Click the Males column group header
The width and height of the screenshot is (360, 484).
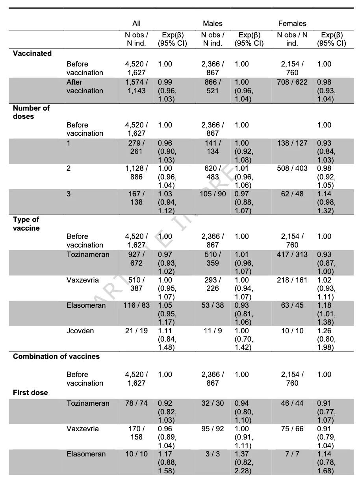[x=213, y=24]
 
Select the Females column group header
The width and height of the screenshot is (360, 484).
[x=292, y=24]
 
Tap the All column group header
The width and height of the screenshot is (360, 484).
[x=136, y=24]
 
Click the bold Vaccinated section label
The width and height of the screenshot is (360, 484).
[x=32, y=54]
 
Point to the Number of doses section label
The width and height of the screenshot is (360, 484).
[x=32, y=112]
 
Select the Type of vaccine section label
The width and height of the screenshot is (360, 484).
[x=26, y=224]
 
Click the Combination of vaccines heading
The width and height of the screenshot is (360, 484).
[x=56, y=357]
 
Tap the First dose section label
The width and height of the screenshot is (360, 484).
[x=30, y=393]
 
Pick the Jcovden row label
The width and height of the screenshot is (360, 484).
[x=80, y=331]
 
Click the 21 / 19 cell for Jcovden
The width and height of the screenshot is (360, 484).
[x=136, y=331]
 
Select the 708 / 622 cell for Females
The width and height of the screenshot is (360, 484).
[x=292, y=82]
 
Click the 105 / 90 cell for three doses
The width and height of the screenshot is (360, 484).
[x=213, y=194]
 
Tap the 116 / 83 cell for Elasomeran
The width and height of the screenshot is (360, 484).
[x=136, y=305]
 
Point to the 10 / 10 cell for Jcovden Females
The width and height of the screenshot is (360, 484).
[x=292, y=331]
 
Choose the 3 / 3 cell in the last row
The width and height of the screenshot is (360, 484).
[x=213, y=454]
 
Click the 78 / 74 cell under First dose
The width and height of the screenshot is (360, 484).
[x=136, y=403]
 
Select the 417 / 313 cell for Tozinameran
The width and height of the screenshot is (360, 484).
[x=292, y=255]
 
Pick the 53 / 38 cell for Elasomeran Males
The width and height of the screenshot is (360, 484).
[x=213, y=305]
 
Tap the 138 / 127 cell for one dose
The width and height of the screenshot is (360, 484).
[x=292, y=143]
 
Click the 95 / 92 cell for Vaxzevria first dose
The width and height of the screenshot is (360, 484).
[x=213, y=429]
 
